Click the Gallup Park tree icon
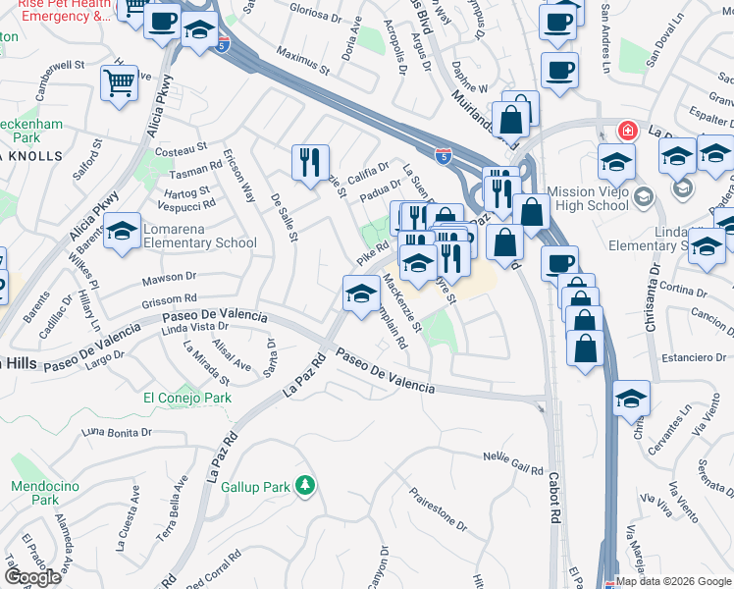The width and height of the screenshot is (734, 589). pyautogui.click(x=305, y=485)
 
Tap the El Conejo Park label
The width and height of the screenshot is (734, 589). pyautogui.click(x=187, y=398)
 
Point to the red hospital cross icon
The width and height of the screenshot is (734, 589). pyautogui.click(x=624, y=131)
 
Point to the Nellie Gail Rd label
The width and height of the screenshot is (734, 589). pyautogui.click(x=513, y=462)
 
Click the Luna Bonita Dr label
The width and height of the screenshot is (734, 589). pyautogui.click(x=120, y=432)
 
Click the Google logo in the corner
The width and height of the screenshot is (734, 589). pyautogui.click(x=31, y=577)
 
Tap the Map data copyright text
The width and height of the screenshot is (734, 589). pyautogui.click(x=673, y=581)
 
